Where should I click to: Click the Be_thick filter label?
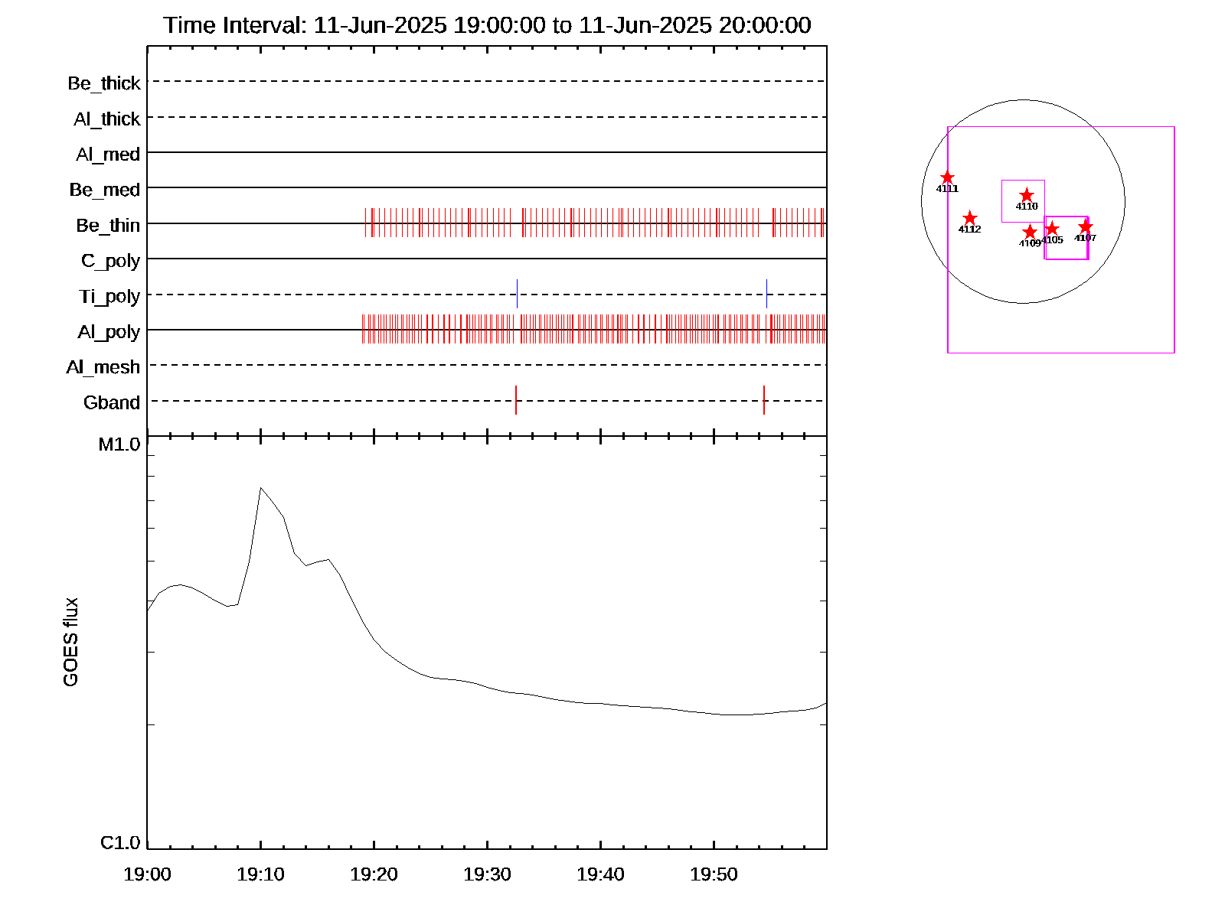[104, 83]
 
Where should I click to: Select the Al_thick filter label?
[107, 119]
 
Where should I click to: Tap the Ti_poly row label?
[109, 296]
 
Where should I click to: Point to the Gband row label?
[112, 402]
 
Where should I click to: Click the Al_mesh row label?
[103, 367]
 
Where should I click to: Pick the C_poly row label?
[111, 261]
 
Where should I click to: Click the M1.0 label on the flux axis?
[119, 444]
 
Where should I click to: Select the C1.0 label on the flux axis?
[120, 843]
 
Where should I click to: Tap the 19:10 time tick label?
[260, 874]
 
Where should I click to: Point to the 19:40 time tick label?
[600, 874]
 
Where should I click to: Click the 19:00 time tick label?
[147, 874]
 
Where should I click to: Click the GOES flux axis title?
[70, 643]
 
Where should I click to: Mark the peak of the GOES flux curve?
[261, 487]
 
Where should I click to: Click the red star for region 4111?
[947, 177]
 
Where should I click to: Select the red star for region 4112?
[969, 218]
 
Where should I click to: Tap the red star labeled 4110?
[1027, 196]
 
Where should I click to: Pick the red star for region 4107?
[1085, 226]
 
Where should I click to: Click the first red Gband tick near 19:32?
[516, 400]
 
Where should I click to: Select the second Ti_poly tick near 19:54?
[766, 294]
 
